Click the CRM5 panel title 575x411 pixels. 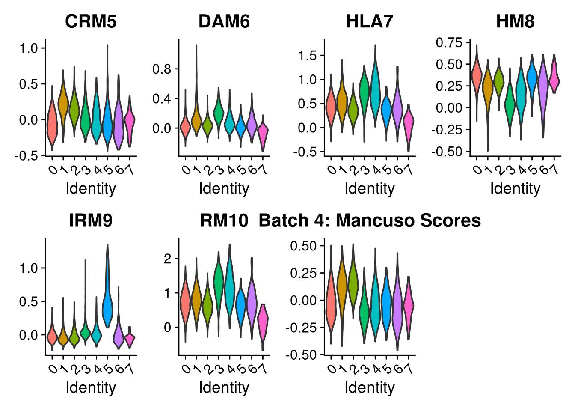pos(91,21)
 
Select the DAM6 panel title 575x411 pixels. pos(224,21)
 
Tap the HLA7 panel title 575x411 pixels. pos(370,21)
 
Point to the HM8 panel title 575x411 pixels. pos(515,21)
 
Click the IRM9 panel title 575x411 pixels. pos(91,220)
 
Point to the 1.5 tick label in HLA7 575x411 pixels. pos(308,56)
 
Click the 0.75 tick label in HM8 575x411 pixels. pos(449,42)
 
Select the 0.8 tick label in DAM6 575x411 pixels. pos(162,69)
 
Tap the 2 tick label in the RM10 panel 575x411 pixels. pos(168,259)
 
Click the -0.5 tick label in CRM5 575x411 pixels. pos(27,156)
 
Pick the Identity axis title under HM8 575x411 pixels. pos(515,189)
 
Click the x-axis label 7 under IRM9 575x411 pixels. pos(130,369)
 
